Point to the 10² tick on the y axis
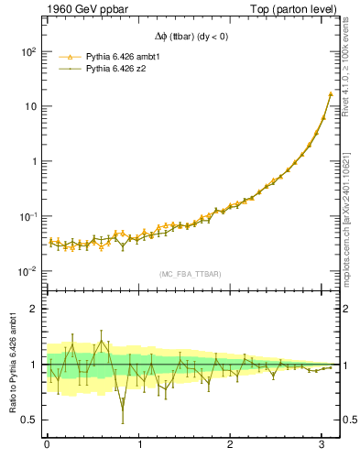(27, 51)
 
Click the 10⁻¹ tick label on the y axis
(27, 216)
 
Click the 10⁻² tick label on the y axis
(27, 271)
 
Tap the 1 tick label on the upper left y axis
(33, 161)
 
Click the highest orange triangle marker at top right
(330, 93)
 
